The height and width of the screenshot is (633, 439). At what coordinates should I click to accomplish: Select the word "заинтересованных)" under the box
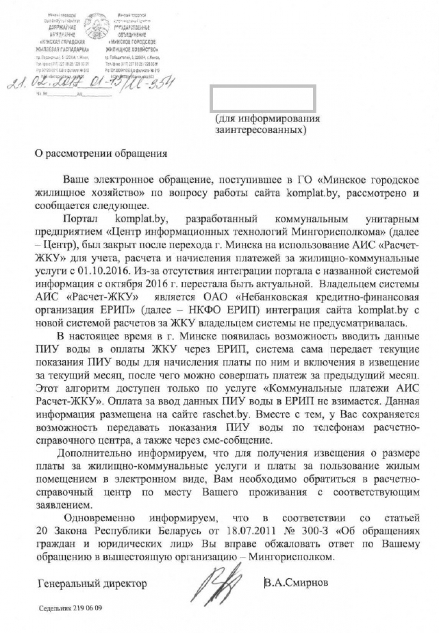(261, 131)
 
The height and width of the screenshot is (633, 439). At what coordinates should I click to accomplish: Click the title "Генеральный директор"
(92, 584)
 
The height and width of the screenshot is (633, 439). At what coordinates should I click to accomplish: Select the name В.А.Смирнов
(296, 582)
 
